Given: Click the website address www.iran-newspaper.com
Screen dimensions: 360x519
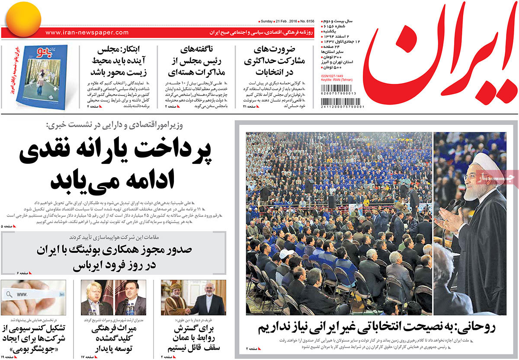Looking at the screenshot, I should (86, 32).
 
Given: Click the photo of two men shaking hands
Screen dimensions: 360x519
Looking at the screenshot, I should (193, 298).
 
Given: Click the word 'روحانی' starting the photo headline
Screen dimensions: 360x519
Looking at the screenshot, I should (478, 327).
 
